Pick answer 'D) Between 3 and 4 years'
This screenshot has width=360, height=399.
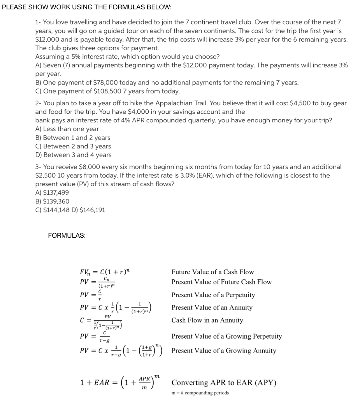[x=73, y=155]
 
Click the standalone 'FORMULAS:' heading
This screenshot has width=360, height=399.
[x=67, y=235]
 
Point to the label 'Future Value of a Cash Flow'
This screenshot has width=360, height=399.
[x=212, y=272]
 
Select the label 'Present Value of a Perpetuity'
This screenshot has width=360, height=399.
[x=213, y=295]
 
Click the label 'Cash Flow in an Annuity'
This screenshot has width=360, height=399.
[x=207, y=320]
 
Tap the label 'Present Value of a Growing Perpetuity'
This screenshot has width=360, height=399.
[x=227, y=336]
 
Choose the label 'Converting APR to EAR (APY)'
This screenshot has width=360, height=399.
[x=224, y=382]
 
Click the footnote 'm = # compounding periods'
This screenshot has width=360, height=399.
[x=200, y=393]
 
